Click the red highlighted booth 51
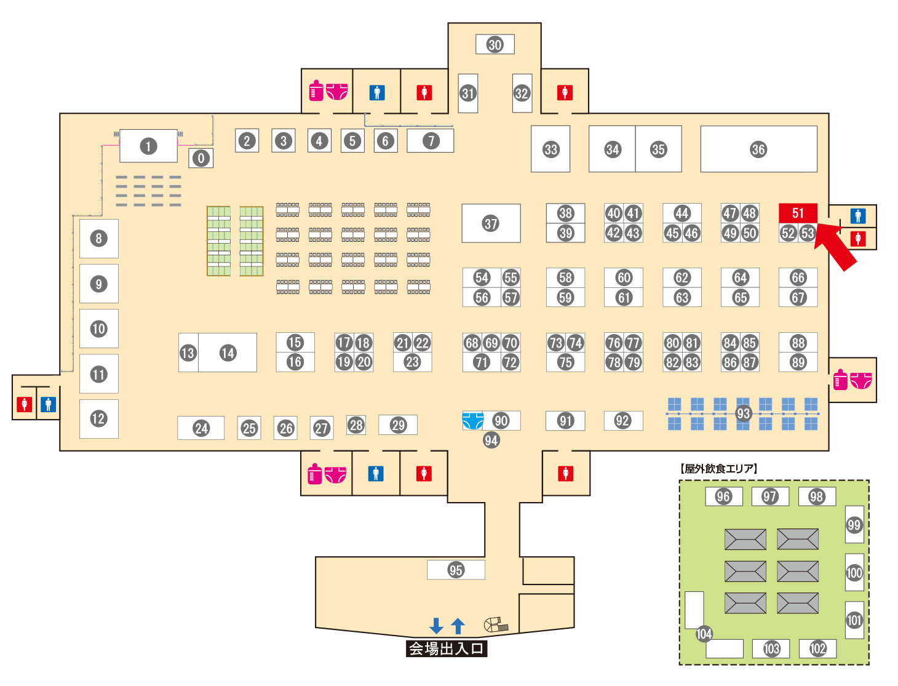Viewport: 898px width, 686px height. click(x=798, y=213)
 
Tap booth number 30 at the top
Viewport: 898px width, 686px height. click(x=495, y=44)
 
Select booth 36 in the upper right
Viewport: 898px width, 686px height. click(x=758, y=150)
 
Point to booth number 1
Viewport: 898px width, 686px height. click(x=148, y=146)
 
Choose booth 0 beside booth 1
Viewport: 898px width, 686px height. click(x=201, y=158)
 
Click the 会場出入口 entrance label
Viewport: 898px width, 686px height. click(x=447, y=648)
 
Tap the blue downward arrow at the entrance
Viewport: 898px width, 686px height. click(x=437, y=626)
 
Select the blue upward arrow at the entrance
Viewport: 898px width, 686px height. click(x=458, y=626)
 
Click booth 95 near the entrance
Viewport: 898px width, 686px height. click(x=456, y=570)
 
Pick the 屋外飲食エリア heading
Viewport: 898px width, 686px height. click(x=718, y=469)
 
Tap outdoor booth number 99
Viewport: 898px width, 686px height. click(x=854, y=525)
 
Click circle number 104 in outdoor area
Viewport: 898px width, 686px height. click(x=704, y=634)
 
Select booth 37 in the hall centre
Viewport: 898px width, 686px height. click(x=491, y=223)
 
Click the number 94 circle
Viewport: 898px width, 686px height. click(x=491, y=440)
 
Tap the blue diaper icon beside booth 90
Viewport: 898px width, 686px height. click(x=473, y=421)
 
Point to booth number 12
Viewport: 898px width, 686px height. click(x=98, y=419)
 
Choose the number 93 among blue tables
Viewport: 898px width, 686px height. click(x=744, y=413)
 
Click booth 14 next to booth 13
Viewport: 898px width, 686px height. click(x=228, y=353)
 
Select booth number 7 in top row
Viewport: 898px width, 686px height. click(x=431, y=141)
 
